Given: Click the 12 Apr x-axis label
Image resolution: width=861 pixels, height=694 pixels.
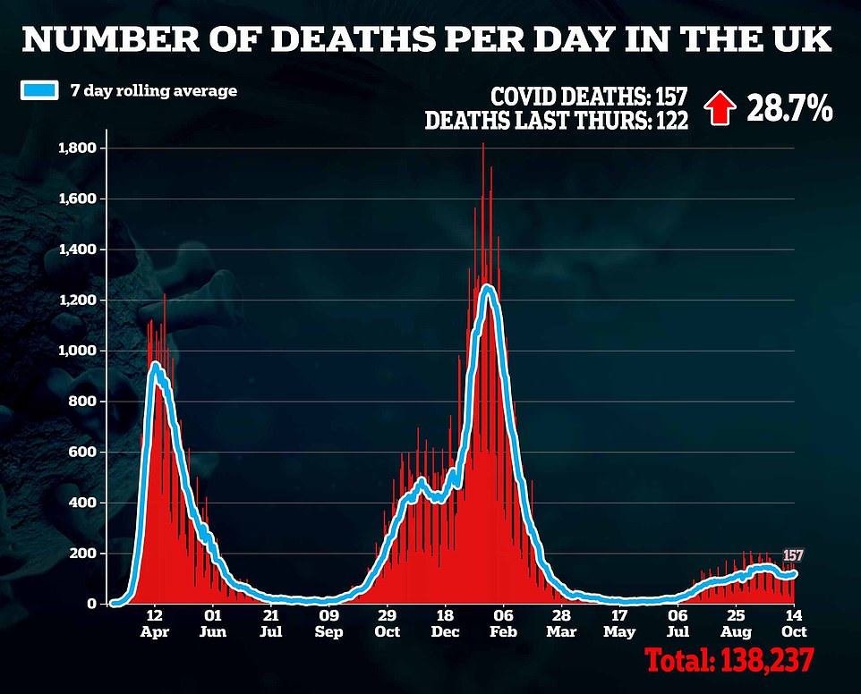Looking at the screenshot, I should point(155,623).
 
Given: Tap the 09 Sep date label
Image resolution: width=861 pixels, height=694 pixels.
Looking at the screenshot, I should point(328,623).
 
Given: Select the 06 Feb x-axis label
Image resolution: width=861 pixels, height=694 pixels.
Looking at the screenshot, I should point(503,623).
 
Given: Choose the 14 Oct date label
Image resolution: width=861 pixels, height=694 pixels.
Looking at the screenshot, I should point(793,623).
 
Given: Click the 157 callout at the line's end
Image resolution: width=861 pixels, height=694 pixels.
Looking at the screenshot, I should point(794,555).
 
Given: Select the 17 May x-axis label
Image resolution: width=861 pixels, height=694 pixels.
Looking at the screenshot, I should point(619,623).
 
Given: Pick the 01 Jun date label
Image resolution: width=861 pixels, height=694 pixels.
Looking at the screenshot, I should point(213,623).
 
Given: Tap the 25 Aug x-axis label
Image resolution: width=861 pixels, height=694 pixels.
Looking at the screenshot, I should point(736,623).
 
